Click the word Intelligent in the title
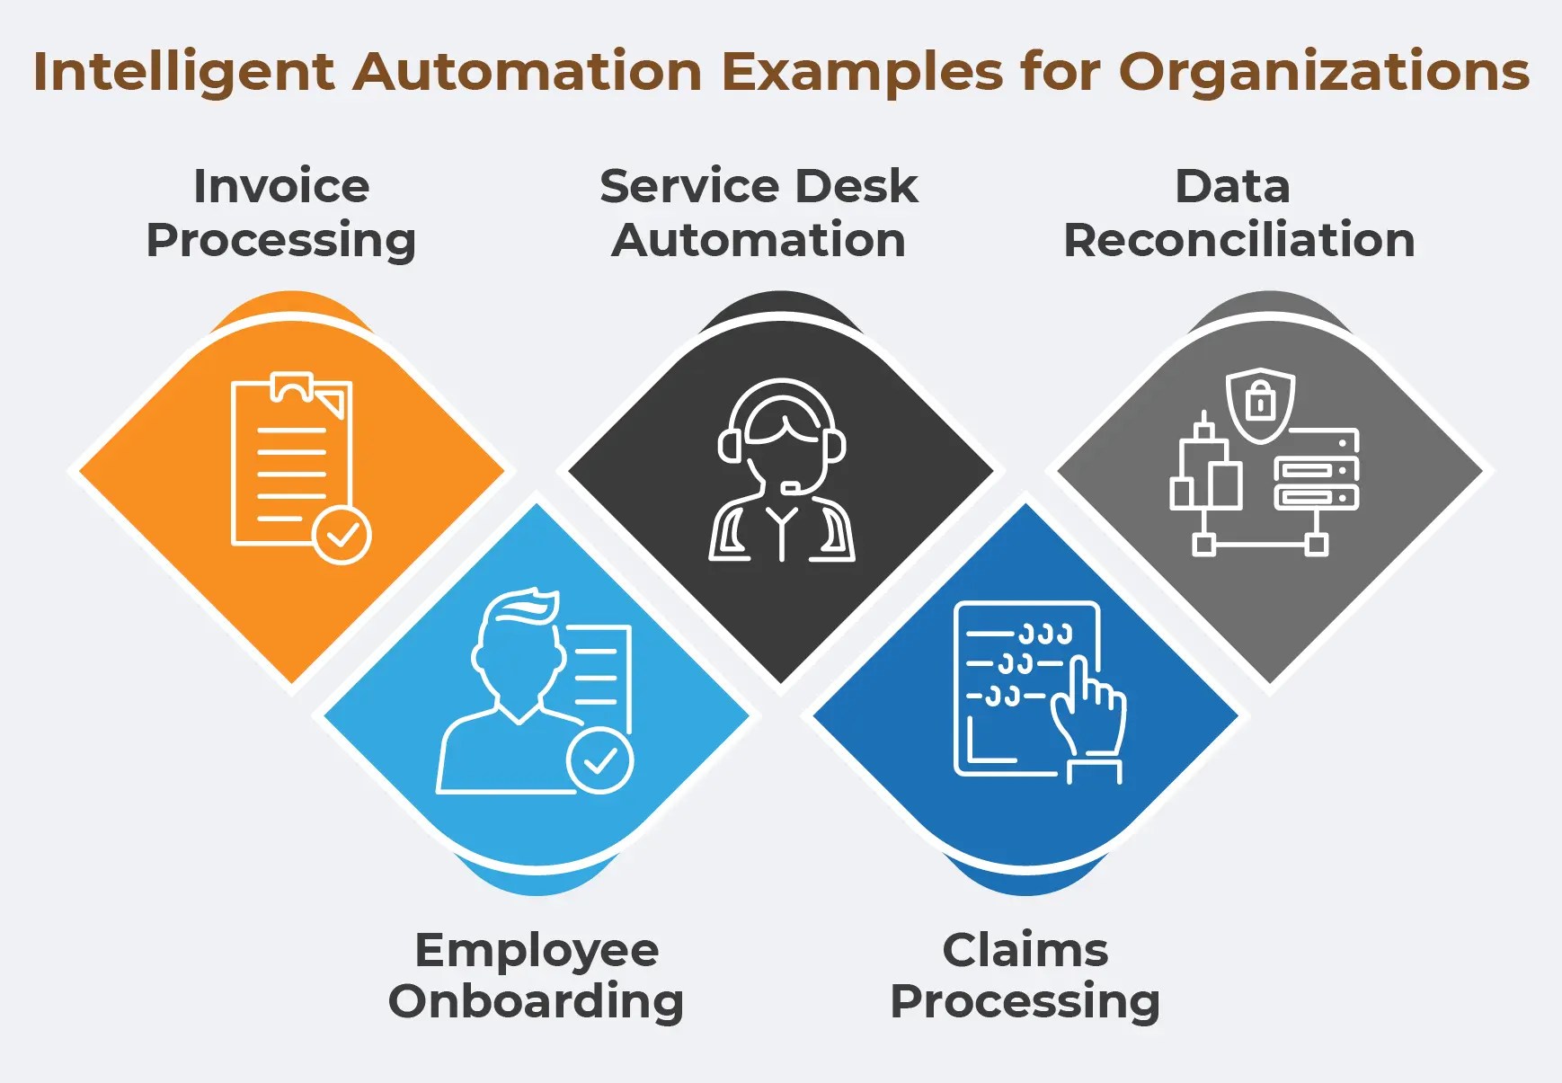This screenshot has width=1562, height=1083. [x=183, y=72]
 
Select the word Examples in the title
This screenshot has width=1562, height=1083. [x=862, y=72]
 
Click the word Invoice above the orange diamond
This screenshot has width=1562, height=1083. [x=281, y=186]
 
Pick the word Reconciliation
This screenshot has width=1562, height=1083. [x=1238, y=240]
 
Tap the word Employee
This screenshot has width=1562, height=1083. [x=537, y=950]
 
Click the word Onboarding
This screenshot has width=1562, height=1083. [x=536, y=1001]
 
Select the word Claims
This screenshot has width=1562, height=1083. [x=1025, y=950]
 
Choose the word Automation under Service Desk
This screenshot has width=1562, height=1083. [x=759, y=240]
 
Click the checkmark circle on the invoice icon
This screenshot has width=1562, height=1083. [x=342, y=535]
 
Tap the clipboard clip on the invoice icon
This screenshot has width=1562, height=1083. [x=291, y=387]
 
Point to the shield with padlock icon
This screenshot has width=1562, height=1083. [x=1261, y=404]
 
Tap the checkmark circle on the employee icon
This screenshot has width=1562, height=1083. [x=599, y=761]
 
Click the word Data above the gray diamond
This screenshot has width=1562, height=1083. [x=1232, y=186]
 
